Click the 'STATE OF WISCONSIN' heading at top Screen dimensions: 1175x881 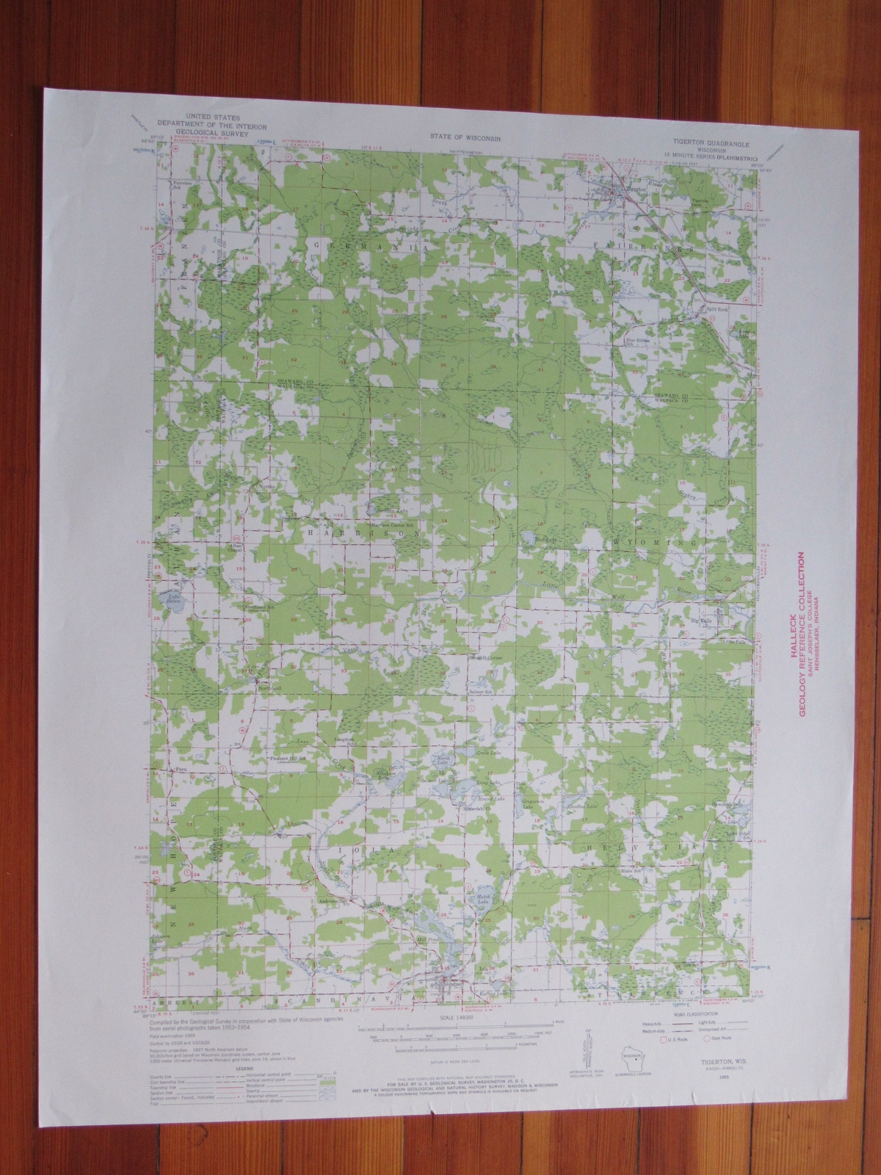(x=451, y=137)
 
